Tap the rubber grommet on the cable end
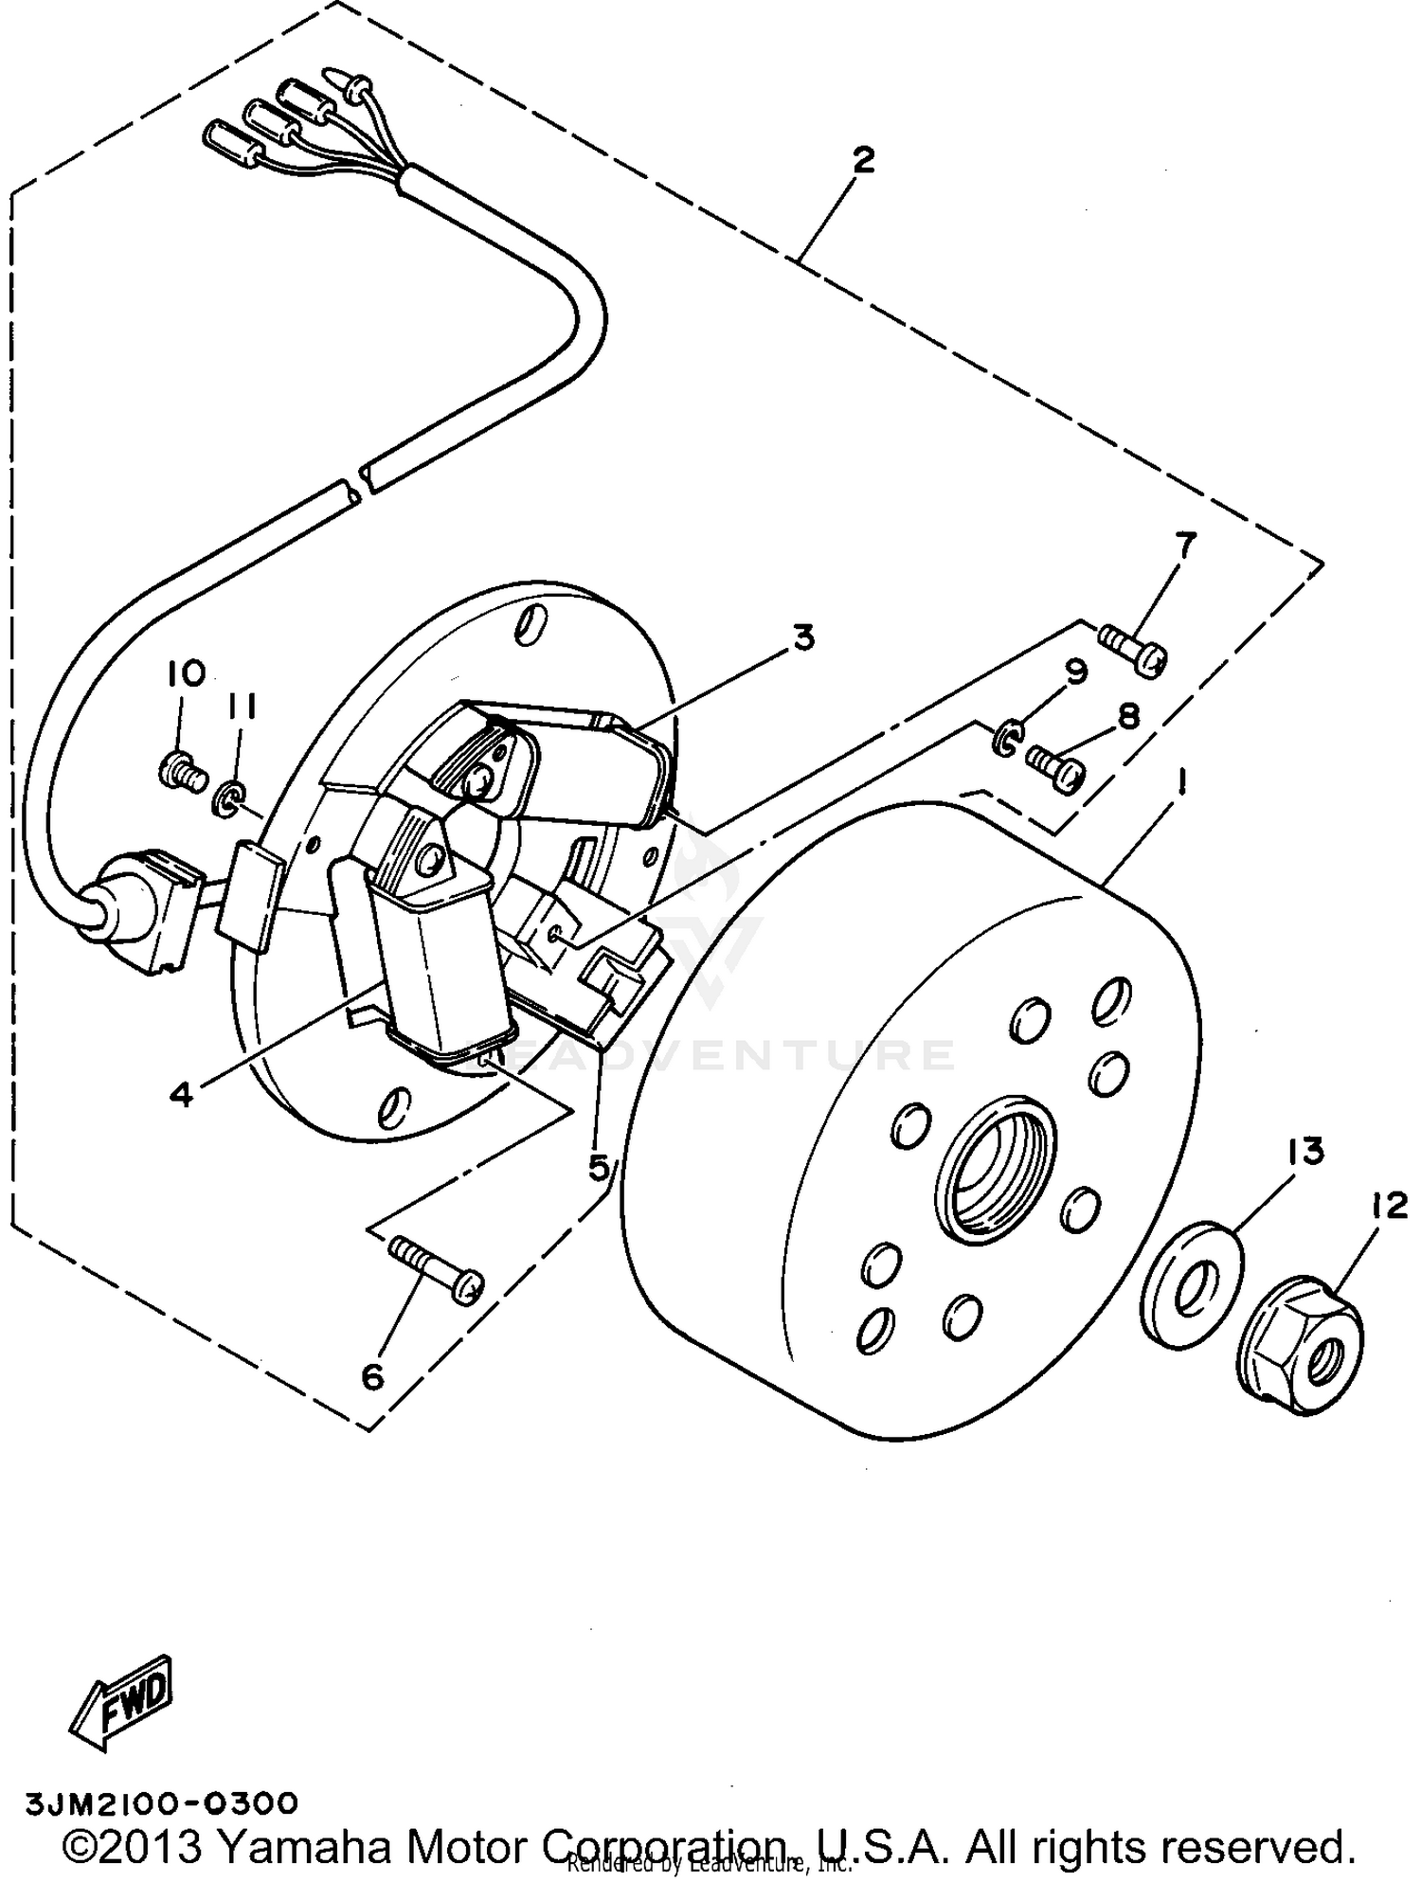[x=109, y=910]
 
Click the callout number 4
[x=182, y=1094]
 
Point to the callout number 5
[x=599, y=1167]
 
